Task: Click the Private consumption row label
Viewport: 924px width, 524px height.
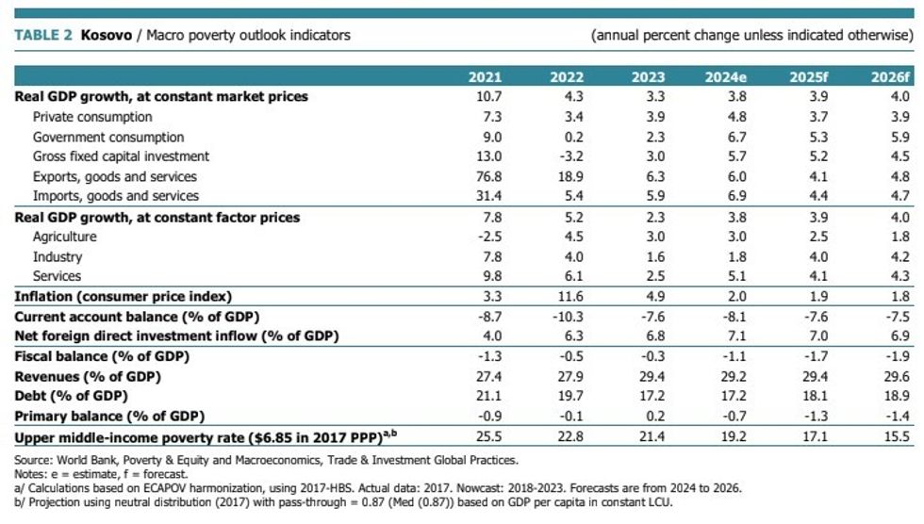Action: (92, 117)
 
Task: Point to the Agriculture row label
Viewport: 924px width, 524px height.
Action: (64, 237)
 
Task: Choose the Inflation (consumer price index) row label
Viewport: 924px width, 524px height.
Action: (124, 297)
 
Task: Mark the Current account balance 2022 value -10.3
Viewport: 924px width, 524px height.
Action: (567, 317)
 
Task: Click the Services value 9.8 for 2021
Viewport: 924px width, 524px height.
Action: (492, 276)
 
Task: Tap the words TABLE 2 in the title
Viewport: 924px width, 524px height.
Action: (42, 36)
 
